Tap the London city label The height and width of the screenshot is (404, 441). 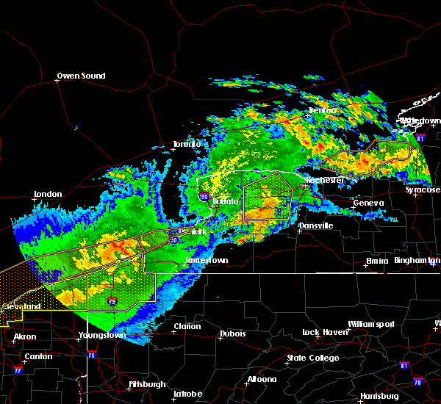click(48, 195)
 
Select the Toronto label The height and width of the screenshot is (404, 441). click(187, 144)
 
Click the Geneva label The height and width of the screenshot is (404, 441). click(368, 203)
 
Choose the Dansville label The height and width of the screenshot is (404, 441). click(315, 226)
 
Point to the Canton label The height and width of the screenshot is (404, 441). click(38, 356)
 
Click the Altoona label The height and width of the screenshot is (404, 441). click(262, 379)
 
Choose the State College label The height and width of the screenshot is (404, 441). click(313, 358)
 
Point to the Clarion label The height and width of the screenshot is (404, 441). click(187, 327)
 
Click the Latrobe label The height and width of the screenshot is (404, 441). click(187, 394)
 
